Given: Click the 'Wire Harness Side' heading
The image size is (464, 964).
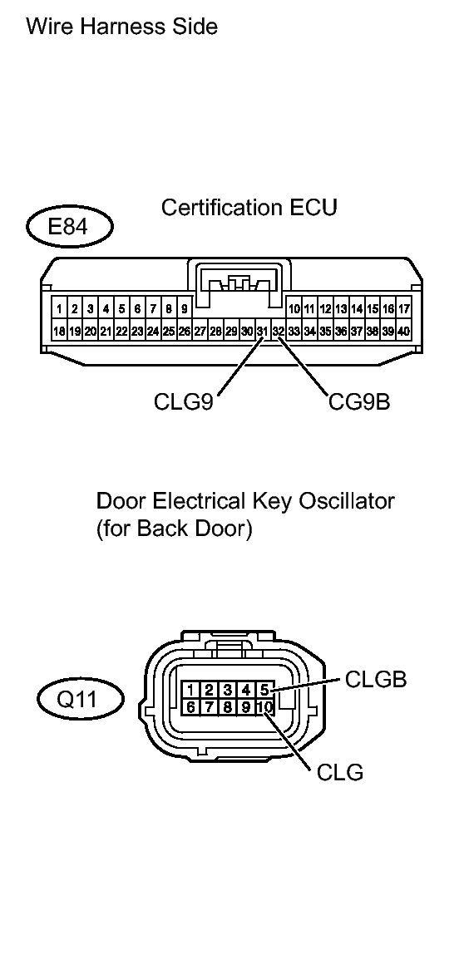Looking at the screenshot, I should (122, 27).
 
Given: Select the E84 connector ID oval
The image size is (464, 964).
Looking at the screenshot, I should (68, 227).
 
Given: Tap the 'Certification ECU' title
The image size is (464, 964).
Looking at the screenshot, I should (249, 207).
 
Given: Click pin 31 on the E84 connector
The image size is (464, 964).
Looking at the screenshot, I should (262, 331).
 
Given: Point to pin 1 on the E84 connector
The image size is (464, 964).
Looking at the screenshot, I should (60, 309).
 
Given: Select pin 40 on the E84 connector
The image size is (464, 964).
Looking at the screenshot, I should (404, 331).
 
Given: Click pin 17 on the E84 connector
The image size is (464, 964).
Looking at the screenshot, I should (404, 309).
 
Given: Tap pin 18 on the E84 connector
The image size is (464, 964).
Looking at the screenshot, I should (59, 331).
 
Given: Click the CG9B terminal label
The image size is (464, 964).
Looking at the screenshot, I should (358, 402).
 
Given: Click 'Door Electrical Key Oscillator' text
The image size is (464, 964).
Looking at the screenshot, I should (245, 501).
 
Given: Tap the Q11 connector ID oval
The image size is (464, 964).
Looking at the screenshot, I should (80, 699).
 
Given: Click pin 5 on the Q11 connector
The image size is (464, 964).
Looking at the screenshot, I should (264, 689).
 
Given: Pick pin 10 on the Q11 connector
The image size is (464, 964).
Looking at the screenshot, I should (264, 707).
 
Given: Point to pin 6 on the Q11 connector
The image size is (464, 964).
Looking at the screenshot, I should (191, 707).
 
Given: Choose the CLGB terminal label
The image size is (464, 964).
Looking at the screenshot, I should (376, 680).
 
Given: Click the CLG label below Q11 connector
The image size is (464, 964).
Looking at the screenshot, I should (340, 773).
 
